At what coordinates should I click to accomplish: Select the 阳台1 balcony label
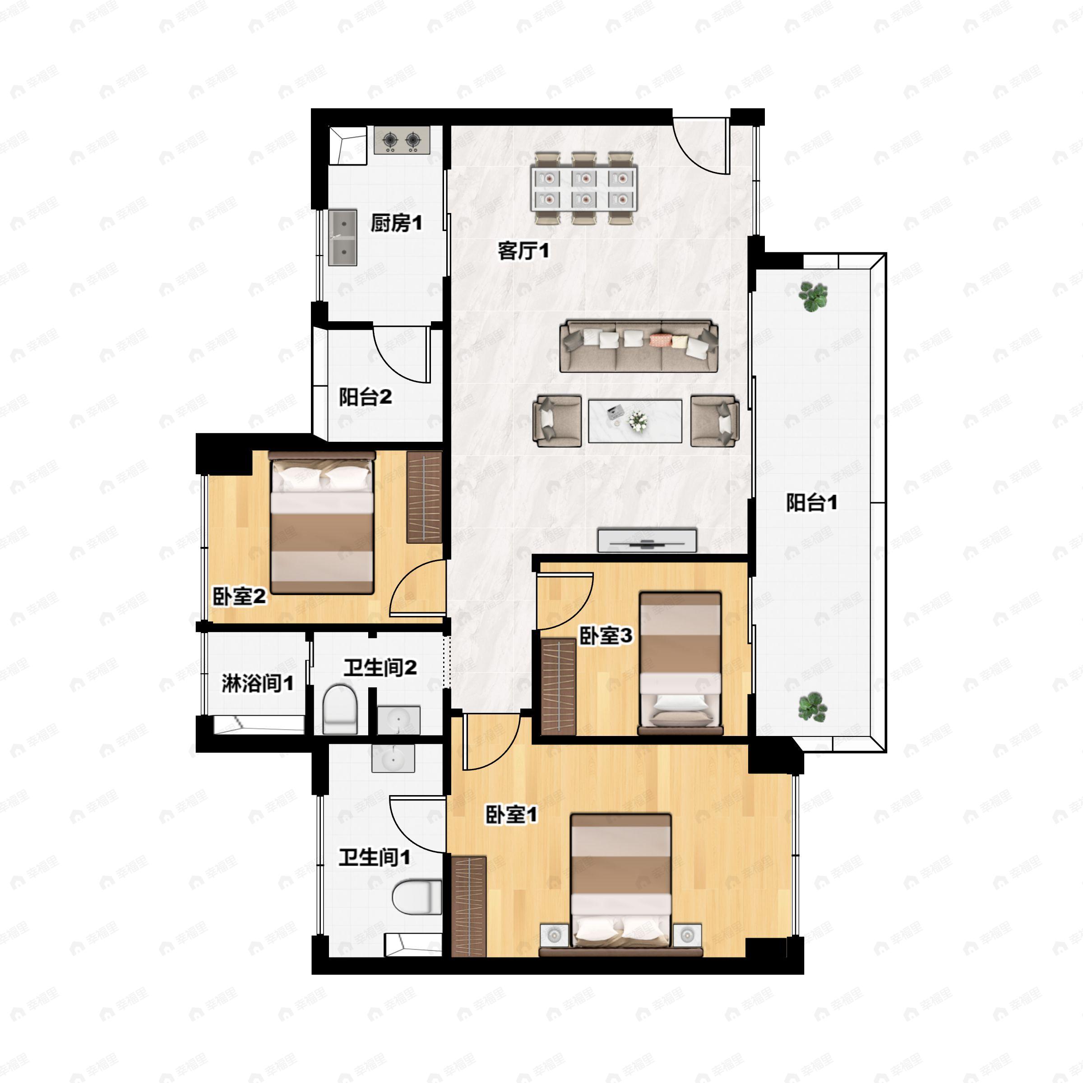pos(812,502)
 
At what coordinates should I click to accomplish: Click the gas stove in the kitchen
pos(402,140)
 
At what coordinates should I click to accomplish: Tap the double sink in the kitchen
pos(342,238)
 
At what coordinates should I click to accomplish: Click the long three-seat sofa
pos(639,346)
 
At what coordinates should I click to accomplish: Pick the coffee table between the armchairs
pos(635,421)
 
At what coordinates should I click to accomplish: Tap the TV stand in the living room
pos(647,541)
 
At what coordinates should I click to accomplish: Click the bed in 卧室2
pos(322,523)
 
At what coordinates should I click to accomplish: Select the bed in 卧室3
pos(680,663)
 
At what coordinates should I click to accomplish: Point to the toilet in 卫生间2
pos(340,708)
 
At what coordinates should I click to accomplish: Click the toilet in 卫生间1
pos(417,898)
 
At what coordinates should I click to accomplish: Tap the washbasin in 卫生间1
pos(393,759)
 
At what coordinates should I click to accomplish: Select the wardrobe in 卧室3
pos(559,687)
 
